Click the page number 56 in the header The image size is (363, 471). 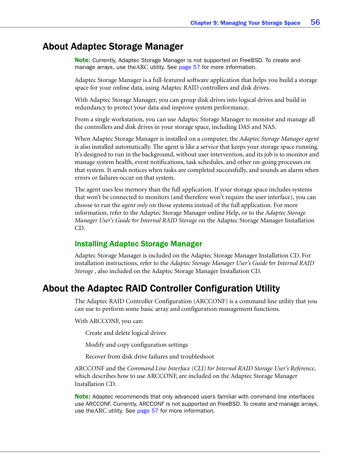click(x=315, y=22)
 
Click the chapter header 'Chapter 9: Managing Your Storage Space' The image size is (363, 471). click(x=245, y=23)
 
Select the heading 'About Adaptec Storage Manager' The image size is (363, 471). click(x=113, y=47)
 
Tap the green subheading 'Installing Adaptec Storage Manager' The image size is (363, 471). click(x=138, y=244)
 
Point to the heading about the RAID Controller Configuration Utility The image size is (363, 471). click(x=161, y=288)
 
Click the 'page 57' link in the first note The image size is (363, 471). click(x=189, y=67)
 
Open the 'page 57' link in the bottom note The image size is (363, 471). click(x=147, y=411)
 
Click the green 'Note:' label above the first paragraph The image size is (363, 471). click(x=82, y=60)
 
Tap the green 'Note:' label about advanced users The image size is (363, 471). click(x=82, y=396)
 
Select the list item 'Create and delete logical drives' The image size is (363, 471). click(x=126, y=333)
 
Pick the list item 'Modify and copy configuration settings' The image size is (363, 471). click(x=137, y=345)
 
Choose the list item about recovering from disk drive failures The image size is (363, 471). click(x=150, y=357)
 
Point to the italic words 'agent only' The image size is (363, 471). click(x=134, y=205)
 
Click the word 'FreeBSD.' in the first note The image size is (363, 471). click(x=252, y=60)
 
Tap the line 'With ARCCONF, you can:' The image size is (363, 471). click(x=109, y=321)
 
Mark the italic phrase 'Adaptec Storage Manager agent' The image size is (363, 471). click(x=279, y=139)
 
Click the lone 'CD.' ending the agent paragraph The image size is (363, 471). click(x=80, y=228)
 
